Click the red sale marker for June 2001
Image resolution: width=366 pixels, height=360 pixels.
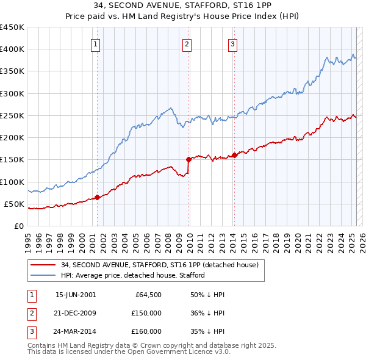click(x=98, y=197)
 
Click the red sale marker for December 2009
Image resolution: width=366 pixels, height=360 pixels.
click(x=188, y=159)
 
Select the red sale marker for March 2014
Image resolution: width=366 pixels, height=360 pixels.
click(x=235, y=155)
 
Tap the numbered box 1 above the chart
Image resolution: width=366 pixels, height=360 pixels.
click(x=96, y=44)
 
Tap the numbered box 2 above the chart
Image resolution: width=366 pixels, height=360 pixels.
click(x=187, y=44)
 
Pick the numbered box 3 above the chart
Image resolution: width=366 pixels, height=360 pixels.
click(x=233, y=44)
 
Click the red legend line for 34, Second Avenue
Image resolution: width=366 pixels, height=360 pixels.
click(x=43, y=265)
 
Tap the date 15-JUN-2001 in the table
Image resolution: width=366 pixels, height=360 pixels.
click(x=76, y=295)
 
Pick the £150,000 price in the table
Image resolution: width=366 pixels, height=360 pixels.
click(x=147, y=313)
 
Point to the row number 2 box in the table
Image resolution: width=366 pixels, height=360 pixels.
click(x=30, y=313)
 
